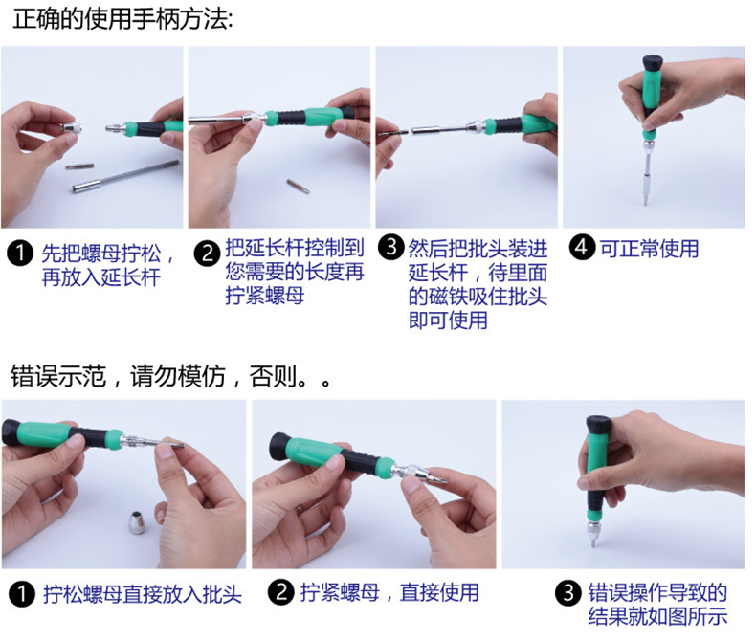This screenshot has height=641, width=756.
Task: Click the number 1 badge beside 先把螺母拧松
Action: tap(20, 253)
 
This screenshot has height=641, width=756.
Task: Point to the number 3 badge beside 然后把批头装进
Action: tap(390, 247)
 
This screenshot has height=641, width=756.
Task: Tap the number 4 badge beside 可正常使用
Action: tap(582, 247)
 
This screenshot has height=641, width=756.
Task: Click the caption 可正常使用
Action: tap(649, 249)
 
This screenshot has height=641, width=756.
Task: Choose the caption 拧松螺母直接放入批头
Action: tap(143, 594)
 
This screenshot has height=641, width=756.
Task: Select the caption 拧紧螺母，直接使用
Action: tap(389, 592)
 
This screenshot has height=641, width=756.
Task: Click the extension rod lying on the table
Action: tap(125, 176)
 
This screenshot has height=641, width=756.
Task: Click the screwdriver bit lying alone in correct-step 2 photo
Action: tap(298, 186)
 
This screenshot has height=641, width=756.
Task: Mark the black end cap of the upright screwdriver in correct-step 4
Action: tap(654, 63)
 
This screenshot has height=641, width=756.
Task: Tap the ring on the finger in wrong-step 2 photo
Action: tap(300, 509)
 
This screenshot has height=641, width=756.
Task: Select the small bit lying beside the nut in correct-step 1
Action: tap(79, 166)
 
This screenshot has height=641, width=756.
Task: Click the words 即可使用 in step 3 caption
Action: tap(448, 320)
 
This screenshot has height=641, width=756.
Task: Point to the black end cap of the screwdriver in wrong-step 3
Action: tap(598, 425)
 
